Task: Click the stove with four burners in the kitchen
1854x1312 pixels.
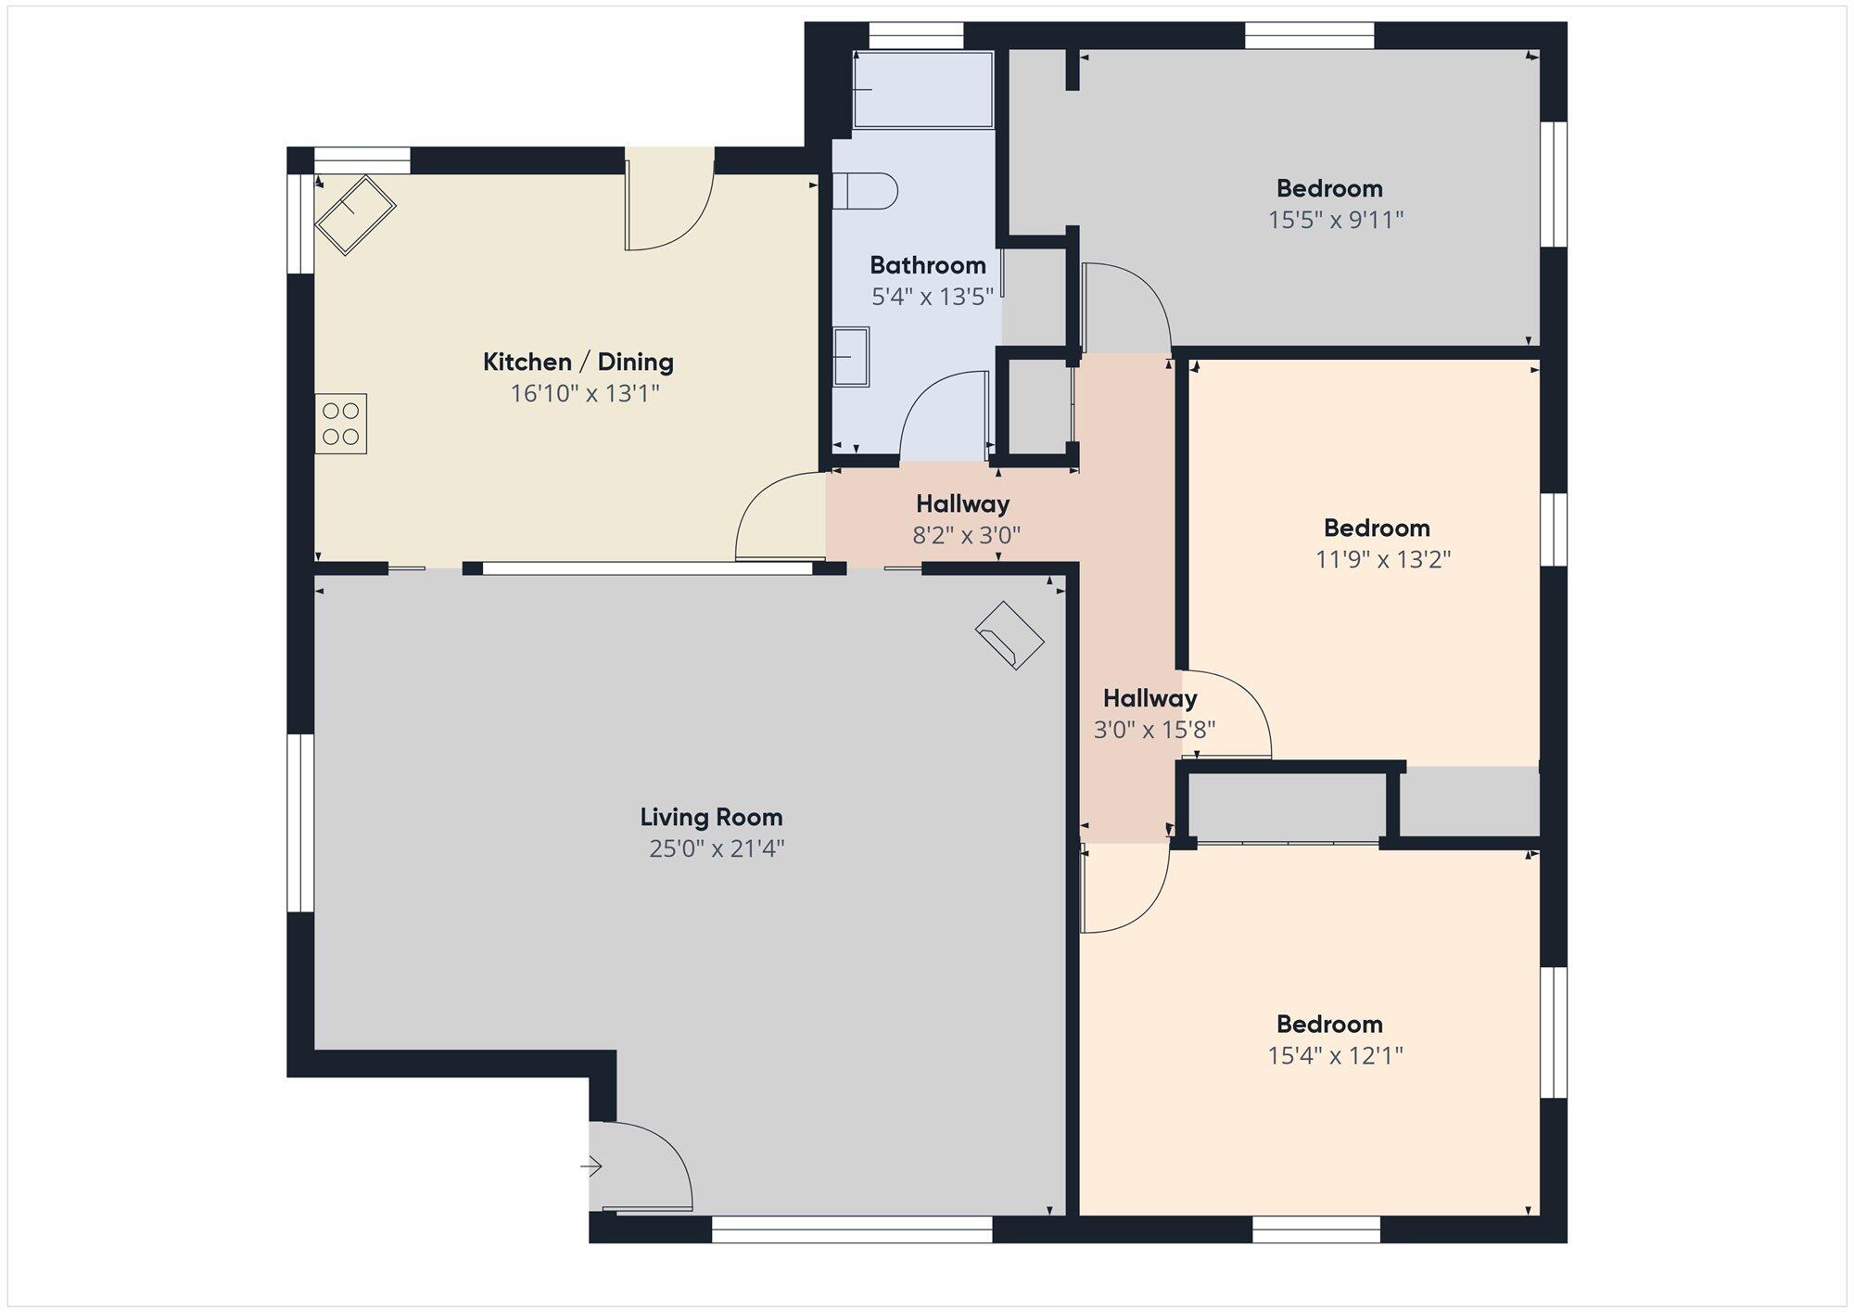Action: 341,424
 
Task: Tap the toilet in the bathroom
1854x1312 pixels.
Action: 865,192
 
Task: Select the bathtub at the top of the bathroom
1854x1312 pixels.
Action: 922,89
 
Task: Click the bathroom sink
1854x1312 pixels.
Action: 851,357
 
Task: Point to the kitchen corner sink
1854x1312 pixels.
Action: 355,214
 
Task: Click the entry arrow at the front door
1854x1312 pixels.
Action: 591,1166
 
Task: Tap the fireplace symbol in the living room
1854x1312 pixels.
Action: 1010,636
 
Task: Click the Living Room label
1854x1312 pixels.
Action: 711,817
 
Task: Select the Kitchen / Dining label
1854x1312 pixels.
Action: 578,362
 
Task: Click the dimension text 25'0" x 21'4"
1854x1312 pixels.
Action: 717,848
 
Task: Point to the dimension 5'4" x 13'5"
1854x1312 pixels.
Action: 933,297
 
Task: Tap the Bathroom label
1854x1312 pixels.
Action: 928,265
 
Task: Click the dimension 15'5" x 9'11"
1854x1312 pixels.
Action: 1336,220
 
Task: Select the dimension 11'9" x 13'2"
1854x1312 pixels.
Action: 1383,559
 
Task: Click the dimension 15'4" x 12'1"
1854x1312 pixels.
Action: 1336,1055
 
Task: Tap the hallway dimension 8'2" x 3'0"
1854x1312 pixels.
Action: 967,535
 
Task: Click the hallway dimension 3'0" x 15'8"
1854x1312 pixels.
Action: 1154,730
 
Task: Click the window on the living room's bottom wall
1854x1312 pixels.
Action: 852,1229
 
